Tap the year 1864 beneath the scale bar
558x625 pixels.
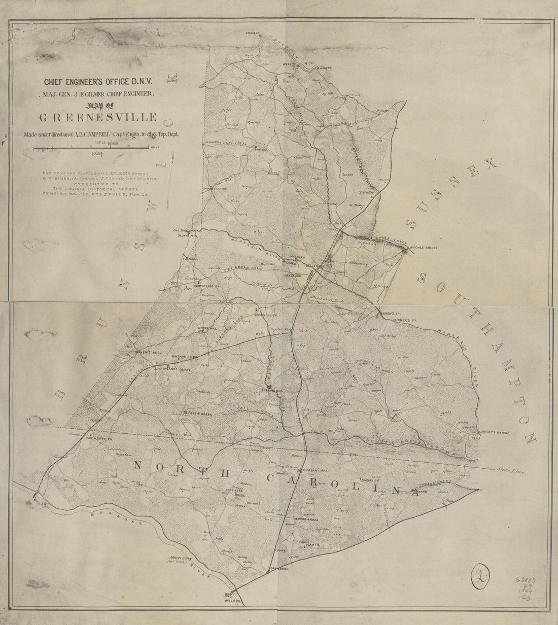tap(98, 153)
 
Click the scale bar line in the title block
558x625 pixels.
tap(91, 148)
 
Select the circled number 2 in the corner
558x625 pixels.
tap(480, 578)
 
